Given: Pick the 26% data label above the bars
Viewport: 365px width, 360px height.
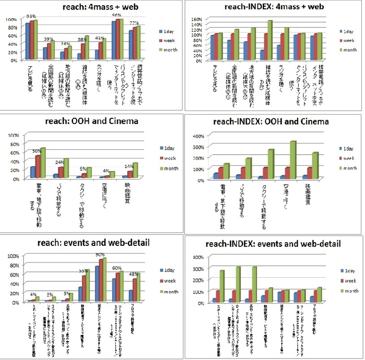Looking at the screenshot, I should pos(66,44).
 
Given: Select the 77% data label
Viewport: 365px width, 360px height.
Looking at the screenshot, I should pos(134,23).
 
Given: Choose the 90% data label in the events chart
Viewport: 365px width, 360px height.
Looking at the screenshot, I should pos(100,255).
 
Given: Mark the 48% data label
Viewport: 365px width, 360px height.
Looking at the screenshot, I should pos(134,274).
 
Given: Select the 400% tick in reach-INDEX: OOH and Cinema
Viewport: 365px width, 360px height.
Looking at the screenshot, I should pos(197,135).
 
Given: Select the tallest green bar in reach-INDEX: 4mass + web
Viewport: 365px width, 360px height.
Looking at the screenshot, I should pos(270,40).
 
